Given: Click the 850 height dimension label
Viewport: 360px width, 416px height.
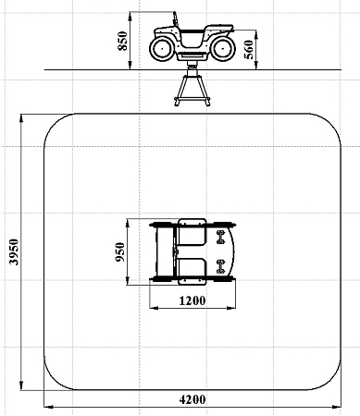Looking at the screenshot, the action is [122, 41].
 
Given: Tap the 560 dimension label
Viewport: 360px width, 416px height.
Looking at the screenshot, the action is [249, 49].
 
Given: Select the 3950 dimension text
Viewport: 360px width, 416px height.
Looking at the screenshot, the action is [14, 251].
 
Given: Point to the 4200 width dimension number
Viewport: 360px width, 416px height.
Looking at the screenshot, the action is [192, 399].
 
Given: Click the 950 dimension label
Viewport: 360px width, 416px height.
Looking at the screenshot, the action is [120, 252].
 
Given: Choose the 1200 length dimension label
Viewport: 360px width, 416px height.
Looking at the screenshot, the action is [192, 300].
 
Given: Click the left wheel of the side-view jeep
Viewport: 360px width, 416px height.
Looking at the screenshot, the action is [162, 49].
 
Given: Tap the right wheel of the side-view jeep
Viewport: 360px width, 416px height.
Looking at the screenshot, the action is [223, 49].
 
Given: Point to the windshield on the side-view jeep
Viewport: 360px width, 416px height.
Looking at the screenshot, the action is [176, 19].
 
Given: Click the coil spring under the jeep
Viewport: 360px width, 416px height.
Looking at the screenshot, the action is [192, 65].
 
